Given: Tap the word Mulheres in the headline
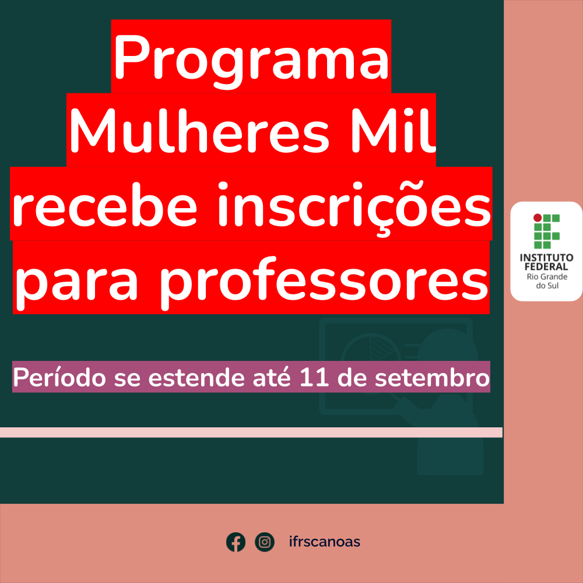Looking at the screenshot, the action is click(x=199, y=130).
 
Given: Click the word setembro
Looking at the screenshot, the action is click(x=431, y=377).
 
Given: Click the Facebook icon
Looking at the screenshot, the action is click(x=236, y=542).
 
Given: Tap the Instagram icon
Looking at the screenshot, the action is click(x=264, y=542).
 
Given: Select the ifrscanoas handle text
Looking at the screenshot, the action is click(x=325, y=542).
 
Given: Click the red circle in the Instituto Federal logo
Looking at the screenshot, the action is click(x=538, y=218).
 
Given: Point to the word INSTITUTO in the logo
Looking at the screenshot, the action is click(x=546, y=258).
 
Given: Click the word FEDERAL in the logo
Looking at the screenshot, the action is click(x=546, y=267).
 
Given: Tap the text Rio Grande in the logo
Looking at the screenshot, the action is click(x=547, y=277).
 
